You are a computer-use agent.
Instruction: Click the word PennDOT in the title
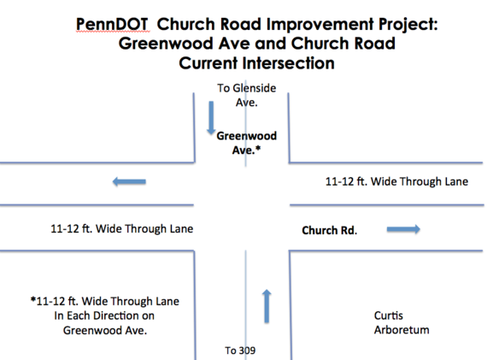pyautogui.click(x=112, y=24)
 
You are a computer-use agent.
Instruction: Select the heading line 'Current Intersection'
pyautogui.click(x=256, y=63)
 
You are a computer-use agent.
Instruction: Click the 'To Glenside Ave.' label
pyautogui.click(x=246, y=95)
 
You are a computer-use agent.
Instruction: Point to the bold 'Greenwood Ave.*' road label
pyautogui.click(x=246, y=143)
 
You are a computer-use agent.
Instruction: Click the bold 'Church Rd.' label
pyautogui.click(x=329, y=230)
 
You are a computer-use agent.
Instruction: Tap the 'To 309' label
pyautogui.click(x=240, y=351)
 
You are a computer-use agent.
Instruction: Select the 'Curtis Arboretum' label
pyautogui.click(x=402, y=322)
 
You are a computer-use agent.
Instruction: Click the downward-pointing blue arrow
pyautogui.click(x=211, y=118)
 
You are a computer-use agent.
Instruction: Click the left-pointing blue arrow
pyautogui.click(x=129, y=181)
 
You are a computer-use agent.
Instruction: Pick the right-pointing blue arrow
pyautogui.click(x=403, y=229)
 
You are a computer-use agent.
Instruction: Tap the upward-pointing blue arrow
pyautogui.click(x=267, y=306)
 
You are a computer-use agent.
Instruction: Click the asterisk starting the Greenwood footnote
pyautogui.click(x=33, y=299)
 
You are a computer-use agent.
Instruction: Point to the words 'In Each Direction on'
pyautogui.click(x=104, y=316)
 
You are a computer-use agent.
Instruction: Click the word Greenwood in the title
pyautogui.click(x=166, y=44)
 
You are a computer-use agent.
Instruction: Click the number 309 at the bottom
pyautogui.click(x=247, y=351)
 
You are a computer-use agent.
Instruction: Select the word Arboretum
pyautogui.click(x=402, y=330)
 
